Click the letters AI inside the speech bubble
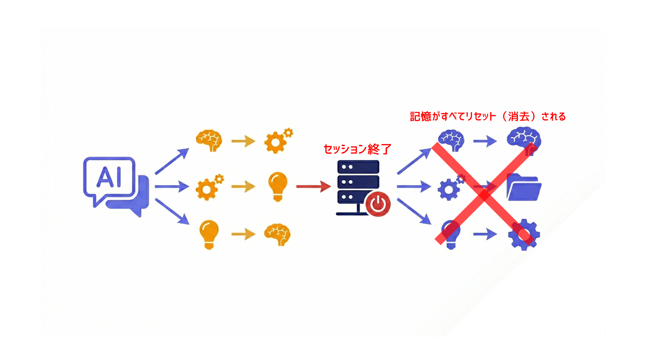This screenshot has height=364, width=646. (x=109, y=177)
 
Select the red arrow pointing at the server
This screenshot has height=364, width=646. (x=313, y=186)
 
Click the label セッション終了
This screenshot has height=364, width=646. (x=357, y=149)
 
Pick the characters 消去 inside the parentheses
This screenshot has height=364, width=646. (x=519, y=117)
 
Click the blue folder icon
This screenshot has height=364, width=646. (x=524, y=187)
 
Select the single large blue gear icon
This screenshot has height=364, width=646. (x=524, y=235)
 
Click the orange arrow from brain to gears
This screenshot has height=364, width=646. (x=243, y=141)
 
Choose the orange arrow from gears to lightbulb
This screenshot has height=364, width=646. (x=243, y=186)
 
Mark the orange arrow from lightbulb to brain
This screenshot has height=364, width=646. (x=243, y=234)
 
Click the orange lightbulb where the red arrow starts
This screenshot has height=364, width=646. (x=278, y=186)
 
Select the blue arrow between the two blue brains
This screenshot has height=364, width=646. (x=485, y=141)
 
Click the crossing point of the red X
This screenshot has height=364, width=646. (x=484, y=194)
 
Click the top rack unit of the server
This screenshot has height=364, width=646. (x=358, y=167)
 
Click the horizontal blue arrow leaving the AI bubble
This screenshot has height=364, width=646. (x=172, y=186)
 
